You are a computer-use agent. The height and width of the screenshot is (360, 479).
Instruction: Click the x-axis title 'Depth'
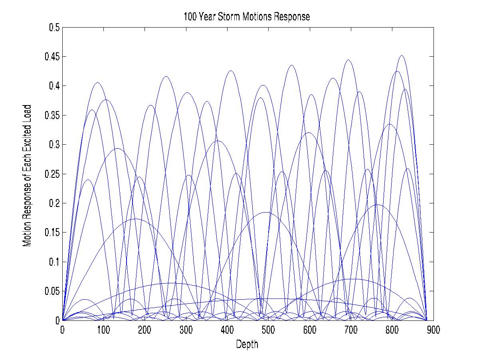pos(247,344)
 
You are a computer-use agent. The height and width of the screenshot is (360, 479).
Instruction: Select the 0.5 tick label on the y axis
pos(54,28)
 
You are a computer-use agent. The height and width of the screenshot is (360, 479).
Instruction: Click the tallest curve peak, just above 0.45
pos(402,56)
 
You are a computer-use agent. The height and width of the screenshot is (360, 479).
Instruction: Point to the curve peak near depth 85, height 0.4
pos(97,83)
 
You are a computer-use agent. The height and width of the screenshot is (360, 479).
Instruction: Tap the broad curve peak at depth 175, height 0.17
pos(135,219)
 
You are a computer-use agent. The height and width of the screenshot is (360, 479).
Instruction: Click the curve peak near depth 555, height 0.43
pos(291,65)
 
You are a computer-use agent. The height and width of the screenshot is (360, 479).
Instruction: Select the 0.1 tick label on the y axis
pos(54,262)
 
